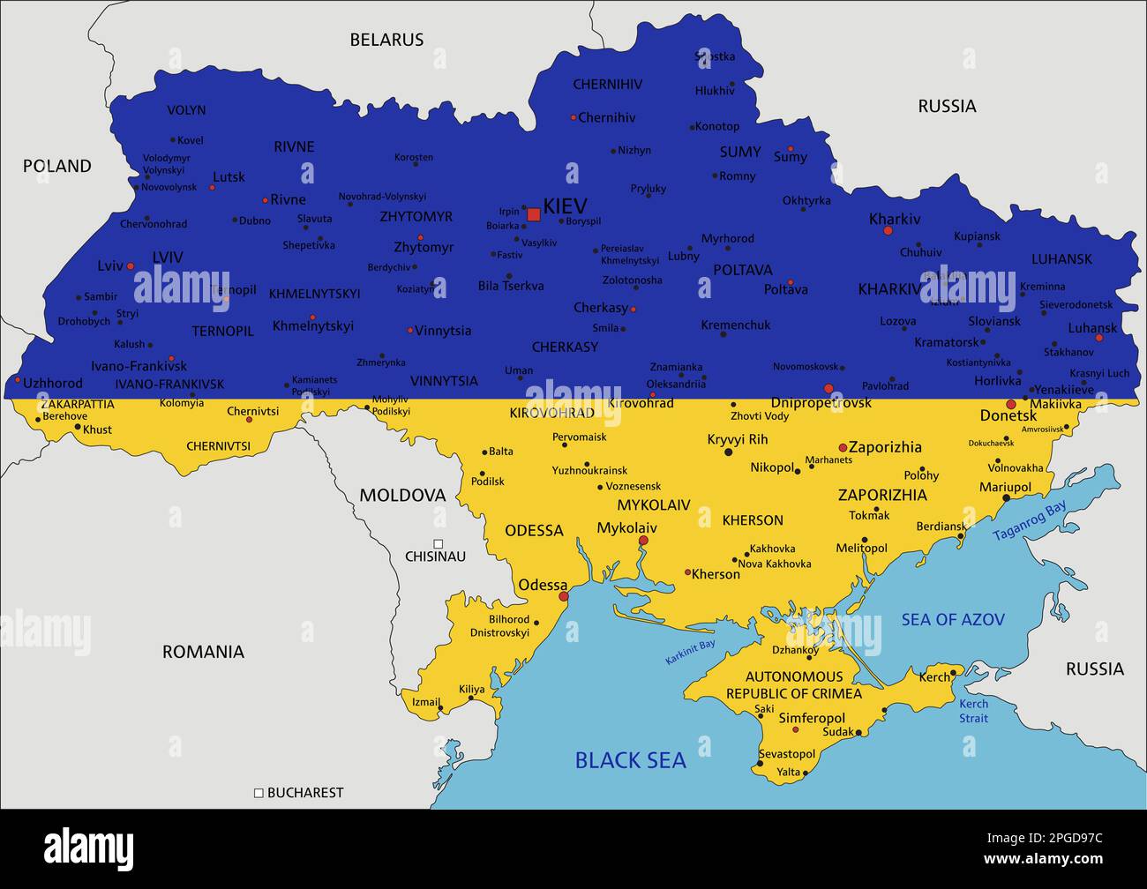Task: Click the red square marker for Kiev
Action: pyautogui.click(x=533, y=214)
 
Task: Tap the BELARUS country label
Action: pyautogui.click(x=386, y=40)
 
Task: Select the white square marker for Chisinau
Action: pyautogui.click(x=438, y=544)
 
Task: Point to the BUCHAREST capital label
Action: pyautogui.click(x=304, y=793)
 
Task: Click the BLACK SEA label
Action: pyautogui.click(x=630, y=760)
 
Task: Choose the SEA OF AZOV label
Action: pyautogui.click(x=952, y=620)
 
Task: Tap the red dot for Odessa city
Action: pyautogui.click(x=564, y=597)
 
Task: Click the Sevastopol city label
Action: pyautogui.click(x=787, y=754)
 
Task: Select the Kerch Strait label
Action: pyautogui.click(x=974, y=711)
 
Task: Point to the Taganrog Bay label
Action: pyautogui.click(x=1030, y=520)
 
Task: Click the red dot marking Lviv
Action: pyautogui.click(x=131, y=265)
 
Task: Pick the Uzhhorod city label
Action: pyautogui.click(x=53, y=384)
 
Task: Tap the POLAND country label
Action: pyautogui.click(x=57, y=166)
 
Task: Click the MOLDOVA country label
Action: pyautogui.click(x=402, y=496)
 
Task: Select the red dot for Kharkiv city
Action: pyautogui.click(x=888, y=231)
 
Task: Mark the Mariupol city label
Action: pyautogui.click(x=1005, y=487)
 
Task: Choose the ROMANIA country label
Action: pyautogui.click(x=203, y=652)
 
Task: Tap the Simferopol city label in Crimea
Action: pyautogui.click(x=812, y=719)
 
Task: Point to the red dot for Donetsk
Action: pyautogui.click(x=1011, y=404)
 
